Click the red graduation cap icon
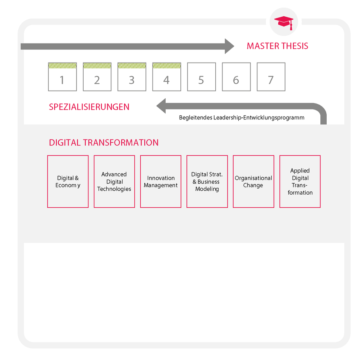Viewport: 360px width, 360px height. click(x=284, y=23)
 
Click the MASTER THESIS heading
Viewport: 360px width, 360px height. click(x=278, y=46)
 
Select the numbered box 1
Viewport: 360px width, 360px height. click(x=63, y=77)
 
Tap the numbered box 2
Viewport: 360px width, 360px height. click(x=97, y=77)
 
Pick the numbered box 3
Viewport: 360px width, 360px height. click(x=132, y=77)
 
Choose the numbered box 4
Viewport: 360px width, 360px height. click(x=167, y=77)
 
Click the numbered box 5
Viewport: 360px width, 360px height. click(x=201, y=77)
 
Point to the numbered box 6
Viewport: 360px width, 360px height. click(x=236, y=77)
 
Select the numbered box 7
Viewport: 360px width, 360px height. click(x=271, y=77)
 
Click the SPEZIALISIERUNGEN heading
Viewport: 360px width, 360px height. click(x=89, y=107)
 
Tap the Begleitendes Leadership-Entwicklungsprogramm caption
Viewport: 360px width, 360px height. click(x=241, y=118)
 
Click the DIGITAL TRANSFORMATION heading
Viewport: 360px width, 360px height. click(x=103, y=143)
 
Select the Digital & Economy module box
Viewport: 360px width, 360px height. click(x=68, y=182)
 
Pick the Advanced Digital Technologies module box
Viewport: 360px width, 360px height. click(x=114, y=182)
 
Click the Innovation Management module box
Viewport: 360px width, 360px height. click(x=161, y=182)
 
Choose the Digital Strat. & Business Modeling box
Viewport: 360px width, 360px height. click(x=207, y=182)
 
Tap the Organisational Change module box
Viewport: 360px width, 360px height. click(x=253, y=182)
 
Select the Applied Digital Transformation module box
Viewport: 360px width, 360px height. click(x=300, y=182)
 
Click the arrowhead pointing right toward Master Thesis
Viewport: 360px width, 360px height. click(x=229, y=46)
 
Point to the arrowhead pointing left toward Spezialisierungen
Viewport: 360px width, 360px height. click(x=161, y=106)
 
